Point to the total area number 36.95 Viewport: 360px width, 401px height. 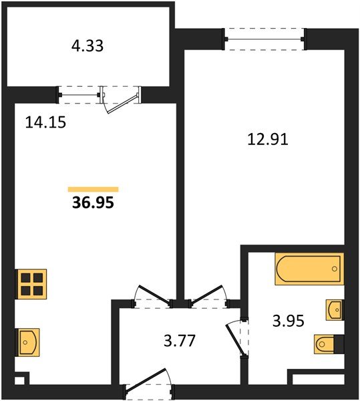pos(93,203)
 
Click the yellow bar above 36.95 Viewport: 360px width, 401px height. pos(93,189)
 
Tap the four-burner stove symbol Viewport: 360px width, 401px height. pos(31,283)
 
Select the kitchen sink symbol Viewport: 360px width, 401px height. pos(29,341)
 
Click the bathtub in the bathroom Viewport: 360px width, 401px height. pos(309,270)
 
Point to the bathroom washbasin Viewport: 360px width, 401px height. pos(335,310)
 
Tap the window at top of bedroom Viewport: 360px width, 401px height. pos(265,39)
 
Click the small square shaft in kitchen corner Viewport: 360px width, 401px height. pos(19,383)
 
